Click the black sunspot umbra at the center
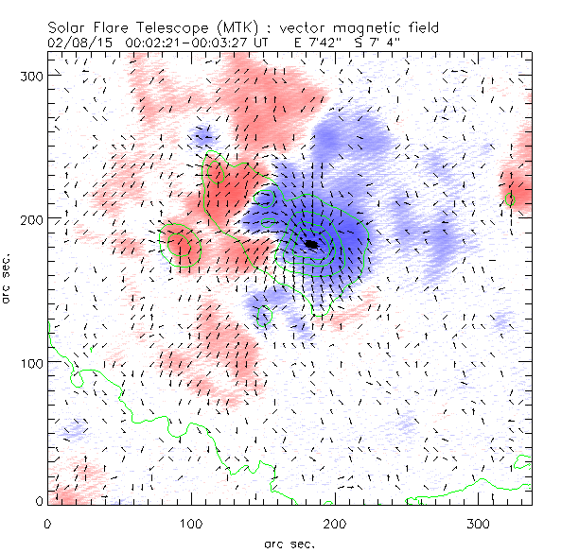312,244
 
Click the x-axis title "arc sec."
289,543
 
